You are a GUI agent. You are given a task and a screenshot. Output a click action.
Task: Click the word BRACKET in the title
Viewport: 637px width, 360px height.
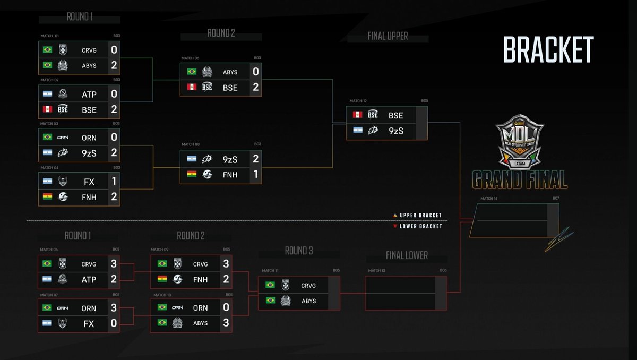548,50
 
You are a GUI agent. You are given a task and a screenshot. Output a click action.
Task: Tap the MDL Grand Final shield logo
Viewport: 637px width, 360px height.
520,141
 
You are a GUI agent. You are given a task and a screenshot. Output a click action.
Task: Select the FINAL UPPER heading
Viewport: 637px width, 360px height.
388,36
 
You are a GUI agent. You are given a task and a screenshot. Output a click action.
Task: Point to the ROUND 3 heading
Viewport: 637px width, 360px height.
298,251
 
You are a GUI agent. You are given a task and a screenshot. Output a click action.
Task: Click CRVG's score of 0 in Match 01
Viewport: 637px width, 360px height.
114,50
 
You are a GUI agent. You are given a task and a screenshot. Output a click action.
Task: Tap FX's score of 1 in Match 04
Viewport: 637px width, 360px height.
114,181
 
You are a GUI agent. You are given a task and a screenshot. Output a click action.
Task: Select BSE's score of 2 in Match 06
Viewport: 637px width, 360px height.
256,88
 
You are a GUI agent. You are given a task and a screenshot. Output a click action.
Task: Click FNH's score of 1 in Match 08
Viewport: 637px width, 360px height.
256,174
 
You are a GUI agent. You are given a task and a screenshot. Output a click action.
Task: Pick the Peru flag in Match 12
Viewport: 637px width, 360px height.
357,115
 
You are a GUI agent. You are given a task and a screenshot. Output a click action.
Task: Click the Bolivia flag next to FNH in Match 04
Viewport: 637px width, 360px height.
47,197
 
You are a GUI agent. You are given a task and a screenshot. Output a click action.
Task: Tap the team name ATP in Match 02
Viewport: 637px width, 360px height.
89,95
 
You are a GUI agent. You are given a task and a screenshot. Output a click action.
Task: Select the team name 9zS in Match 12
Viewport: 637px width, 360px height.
396,131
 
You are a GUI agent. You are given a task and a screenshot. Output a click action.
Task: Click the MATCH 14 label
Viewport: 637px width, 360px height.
489,199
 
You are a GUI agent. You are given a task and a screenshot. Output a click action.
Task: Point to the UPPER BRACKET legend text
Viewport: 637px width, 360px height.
420,215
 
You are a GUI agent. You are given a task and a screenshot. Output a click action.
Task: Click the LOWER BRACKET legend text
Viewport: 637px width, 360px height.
420,226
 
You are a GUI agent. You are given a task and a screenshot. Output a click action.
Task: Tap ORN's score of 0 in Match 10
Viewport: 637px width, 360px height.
226,307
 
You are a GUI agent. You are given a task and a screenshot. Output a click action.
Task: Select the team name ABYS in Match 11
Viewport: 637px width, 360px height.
308,301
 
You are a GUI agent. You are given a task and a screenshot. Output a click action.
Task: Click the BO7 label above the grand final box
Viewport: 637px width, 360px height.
556,199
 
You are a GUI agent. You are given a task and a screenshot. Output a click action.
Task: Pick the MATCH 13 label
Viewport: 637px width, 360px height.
377,271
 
